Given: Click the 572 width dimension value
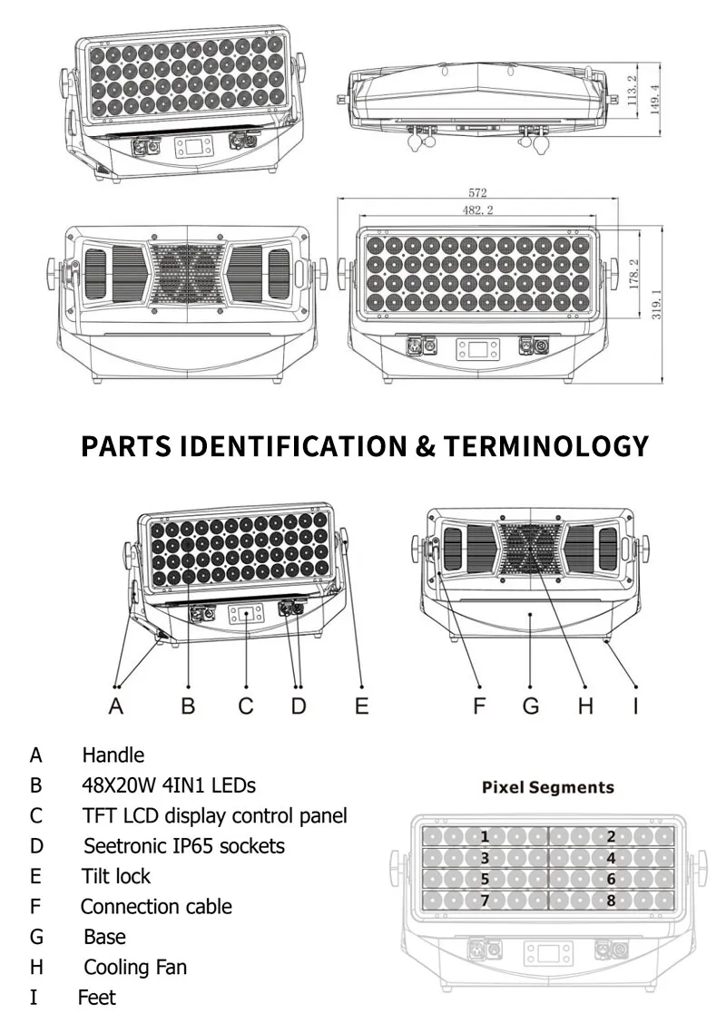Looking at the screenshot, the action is tap(477, 192).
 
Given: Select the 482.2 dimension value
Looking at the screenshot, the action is tap(478, 209).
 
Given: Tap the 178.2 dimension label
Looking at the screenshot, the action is tap(634, 273).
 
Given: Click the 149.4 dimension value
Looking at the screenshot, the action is tap(655, 99).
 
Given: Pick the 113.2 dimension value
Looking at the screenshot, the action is tap(632, 90).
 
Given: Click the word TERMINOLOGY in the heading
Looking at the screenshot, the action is tap(546, 446).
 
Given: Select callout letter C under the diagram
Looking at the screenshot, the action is tap(246, 706).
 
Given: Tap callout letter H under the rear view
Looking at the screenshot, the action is tap(585, 706).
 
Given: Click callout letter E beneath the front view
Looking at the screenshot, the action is tap(362, 706).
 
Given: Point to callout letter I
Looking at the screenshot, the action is tap(636, 706).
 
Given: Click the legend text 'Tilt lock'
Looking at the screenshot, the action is tap(116, 876).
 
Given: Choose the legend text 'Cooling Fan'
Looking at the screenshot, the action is tap(135, 967).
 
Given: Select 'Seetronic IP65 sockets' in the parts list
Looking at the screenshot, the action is tap(184, 846).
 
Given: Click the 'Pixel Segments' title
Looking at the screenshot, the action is tap(548, 787).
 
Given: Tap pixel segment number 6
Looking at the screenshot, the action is tap(611, 880).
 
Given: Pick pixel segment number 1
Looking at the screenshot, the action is tap(485, 836).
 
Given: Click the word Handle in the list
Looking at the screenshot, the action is tap(113, 755).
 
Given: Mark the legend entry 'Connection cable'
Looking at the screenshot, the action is tap(156, 906).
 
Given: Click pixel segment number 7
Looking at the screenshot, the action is tap(485, 901).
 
